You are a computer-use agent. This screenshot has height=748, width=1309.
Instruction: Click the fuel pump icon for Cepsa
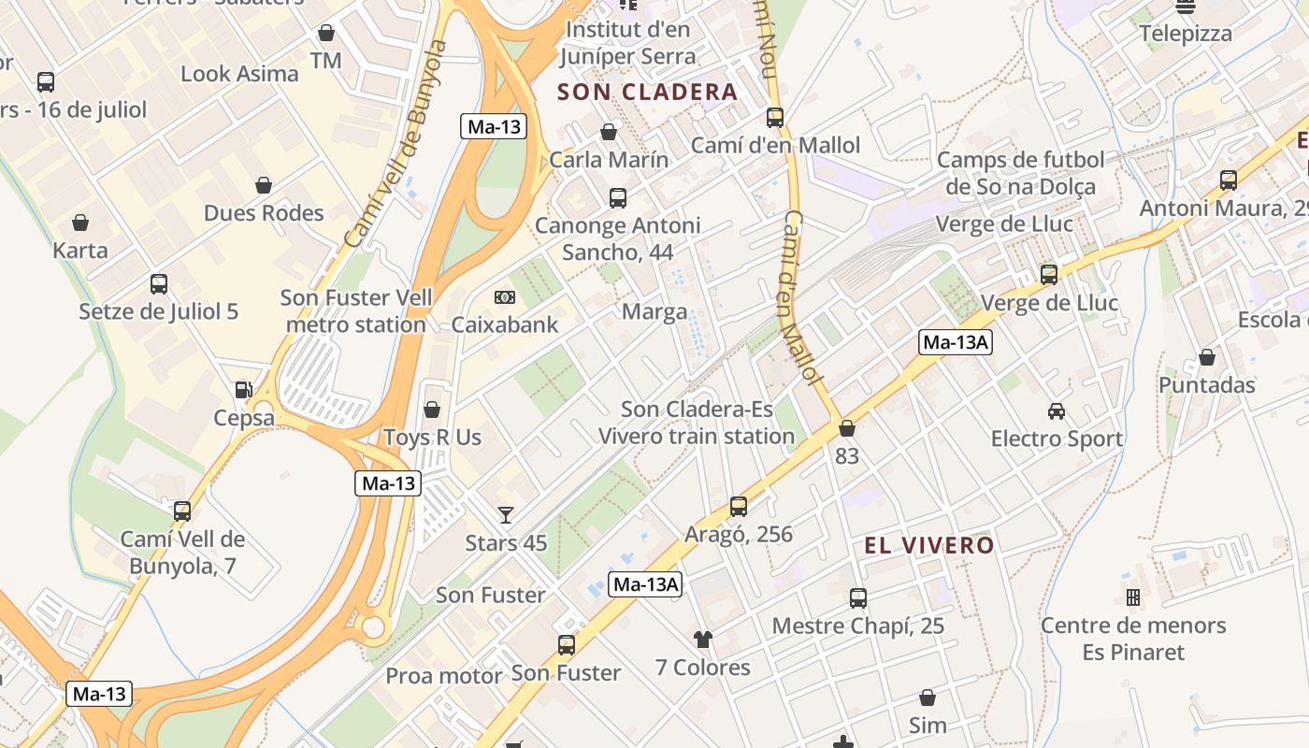click(243, 389)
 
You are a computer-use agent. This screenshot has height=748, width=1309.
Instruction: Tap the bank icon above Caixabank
click(505, 297)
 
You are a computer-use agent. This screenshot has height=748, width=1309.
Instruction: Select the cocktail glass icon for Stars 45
click(506, 514)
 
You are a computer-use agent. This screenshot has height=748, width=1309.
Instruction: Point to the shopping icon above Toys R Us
click(432, 410)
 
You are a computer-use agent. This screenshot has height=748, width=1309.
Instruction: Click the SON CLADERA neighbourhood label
click(647, 92)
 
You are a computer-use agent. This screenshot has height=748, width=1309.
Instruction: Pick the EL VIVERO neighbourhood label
click(929, 545)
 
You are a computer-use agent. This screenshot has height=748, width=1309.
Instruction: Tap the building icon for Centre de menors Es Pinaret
click(1133, 597)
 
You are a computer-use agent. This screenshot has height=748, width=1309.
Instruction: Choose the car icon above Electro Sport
click(1057, 410)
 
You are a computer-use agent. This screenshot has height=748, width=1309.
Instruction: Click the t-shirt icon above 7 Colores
click(702, 640)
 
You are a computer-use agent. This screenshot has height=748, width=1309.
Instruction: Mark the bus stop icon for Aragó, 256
click(739, 507)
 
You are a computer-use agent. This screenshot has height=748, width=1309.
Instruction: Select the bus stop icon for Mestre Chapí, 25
click(858, 598)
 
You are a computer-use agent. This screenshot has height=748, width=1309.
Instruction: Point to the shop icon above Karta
click(80, 223)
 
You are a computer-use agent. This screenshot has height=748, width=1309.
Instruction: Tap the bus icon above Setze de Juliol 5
click(159, 283)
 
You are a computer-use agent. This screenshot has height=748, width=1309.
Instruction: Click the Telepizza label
click(1186, 34)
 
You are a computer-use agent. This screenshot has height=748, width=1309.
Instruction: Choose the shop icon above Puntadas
click(1207, 357)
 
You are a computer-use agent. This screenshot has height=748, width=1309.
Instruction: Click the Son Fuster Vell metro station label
click(356, 311)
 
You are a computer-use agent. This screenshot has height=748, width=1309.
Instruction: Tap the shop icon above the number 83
click(847, 428)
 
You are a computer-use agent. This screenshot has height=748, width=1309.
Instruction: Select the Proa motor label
click(444, 675)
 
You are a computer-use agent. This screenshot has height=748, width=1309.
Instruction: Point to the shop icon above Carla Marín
click(609, 132)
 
